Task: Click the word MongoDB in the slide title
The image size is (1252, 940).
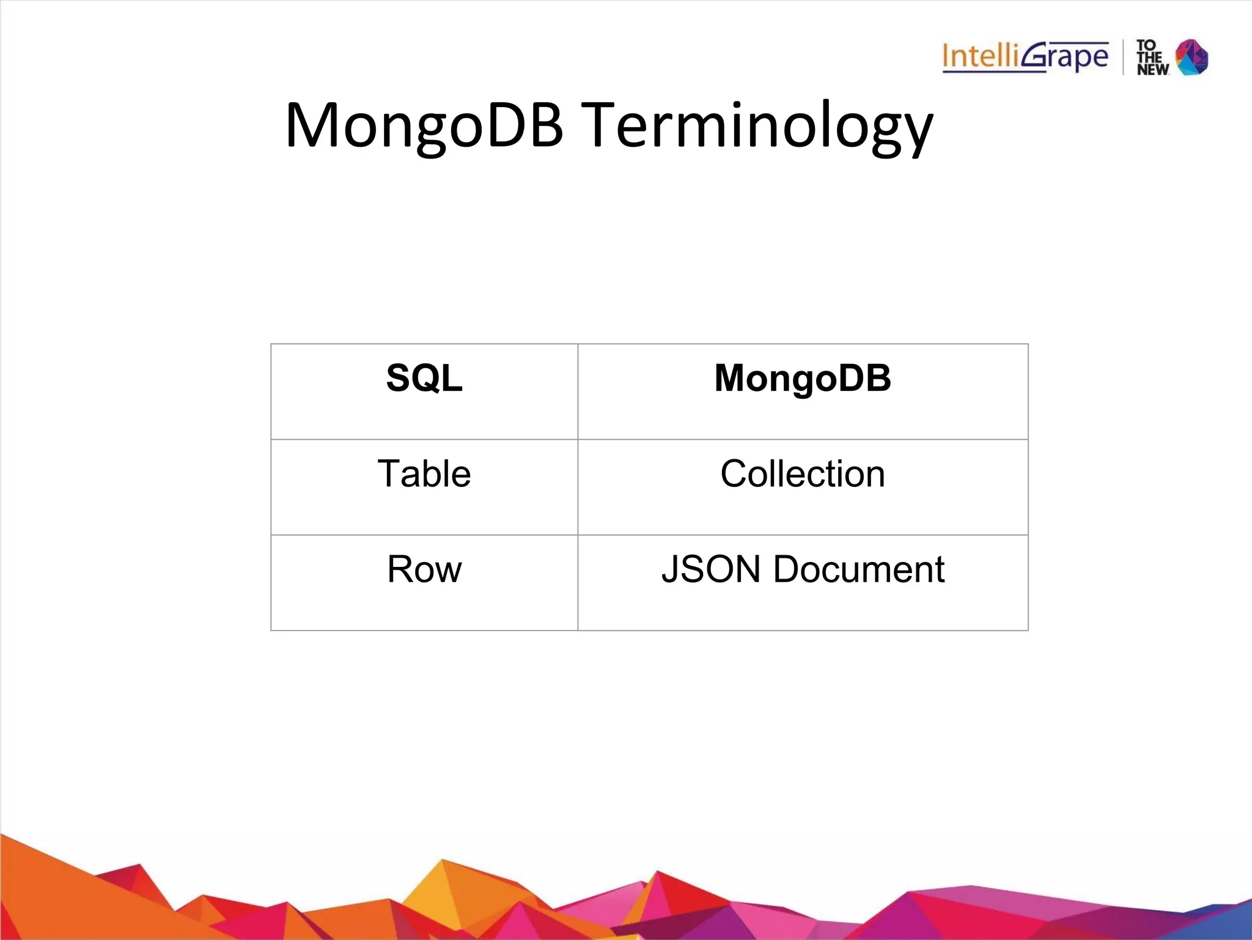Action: click(x=424, y=125)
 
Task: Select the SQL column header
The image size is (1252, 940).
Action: click(x=424, y=378)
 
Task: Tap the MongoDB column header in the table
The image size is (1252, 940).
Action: click(x=803, y=378)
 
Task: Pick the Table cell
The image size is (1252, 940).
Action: click(x=424, y=474)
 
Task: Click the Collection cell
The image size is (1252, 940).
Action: click(x=803, y=474)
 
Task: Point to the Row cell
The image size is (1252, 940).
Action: click(x=424, y=569)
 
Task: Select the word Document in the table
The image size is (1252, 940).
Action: click(x=859, y=569)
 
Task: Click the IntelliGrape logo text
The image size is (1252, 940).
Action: click(x=1025, y=57)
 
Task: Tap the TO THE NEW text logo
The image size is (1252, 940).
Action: click(x=1152, y=57)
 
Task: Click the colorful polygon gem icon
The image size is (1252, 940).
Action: click(x=1192, y=57)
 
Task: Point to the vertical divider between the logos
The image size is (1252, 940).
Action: click(x=1123, y=57)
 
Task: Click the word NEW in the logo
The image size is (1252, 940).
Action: click(x=1152, y=70)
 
